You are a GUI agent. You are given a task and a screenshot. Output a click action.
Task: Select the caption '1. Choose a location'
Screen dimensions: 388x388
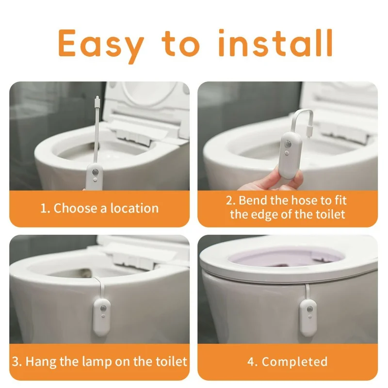pyautogui.click(x=99, y=209)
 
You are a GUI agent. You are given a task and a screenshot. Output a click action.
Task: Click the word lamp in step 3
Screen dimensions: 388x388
pyautogui.click(x=99, y=361)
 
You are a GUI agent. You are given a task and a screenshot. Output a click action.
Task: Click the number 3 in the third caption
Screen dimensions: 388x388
pyautogui.click(x=16, y=361)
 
